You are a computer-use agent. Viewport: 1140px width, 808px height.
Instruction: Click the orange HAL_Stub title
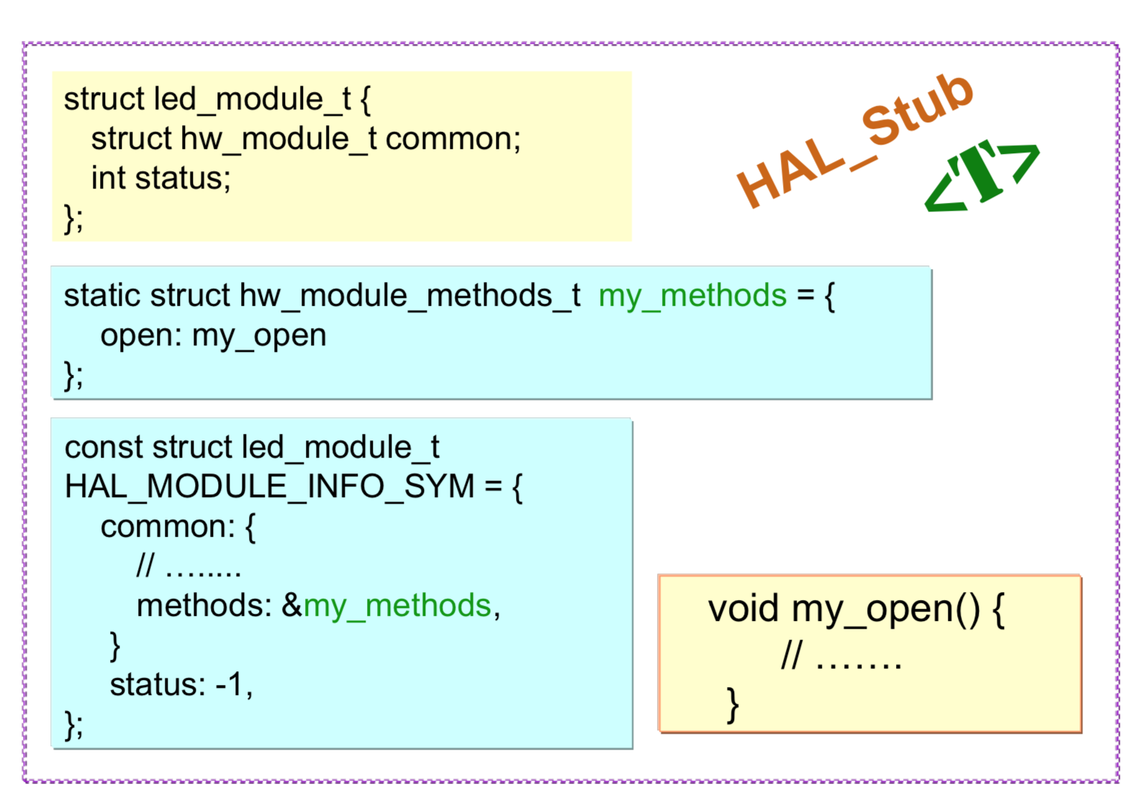pyautogui.click(x=855, y=140)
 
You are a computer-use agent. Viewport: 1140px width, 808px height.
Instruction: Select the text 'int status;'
pyautogui.click(x=160, y=178)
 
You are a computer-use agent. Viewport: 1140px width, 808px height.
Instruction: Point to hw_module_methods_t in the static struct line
pyautogui.click(x=410, y=296)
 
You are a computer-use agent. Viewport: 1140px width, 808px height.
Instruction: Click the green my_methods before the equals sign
pyautogui.click(x=692, y=296)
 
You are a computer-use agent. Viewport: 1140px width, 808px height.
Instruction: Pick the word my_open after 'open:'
pyautogui.click(x=259, y=336)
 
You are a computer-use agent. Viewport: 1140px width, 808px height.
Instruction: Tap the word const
pyautogui.click(x=104, y=448)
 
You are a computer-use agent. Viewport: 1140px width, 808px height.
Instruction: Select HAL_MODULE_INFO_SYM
pyautogui.click(x=269, y=487)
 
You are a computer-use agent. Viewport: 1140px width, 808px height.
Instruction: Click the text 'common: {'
pyautogui.click(x=178, y=527)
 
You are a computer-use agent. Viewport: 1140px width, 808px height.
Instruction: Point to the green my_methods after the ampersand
pyautogui.click(x=397, y=606)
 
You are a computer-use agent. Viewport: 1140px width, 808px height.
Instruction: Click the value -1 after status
pyautogui.click(x=229, y=684)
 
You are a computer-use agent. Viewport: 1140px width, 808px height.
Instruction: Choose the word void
pyautogui.click(x=743, y=609)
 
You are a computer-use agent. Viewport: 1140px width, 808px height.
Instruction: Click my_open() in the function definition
pyautogui.click(x=885, y=609)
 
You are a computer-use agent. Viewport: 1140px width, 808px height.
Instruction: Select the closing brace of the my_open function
pyautogui.click(x=733, y=705)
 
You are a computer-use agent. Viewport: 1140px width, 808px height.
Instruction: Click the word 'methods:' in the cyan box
pyautogui.click(x=204, y=606)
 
